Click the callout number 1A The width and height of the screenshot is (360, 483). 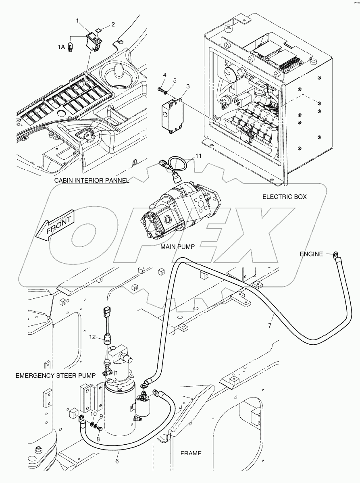coord(60,47)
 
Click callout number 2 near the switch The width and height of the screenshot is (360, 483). coord(113,24)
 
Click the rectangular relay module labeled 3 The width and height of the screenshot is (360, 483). coord(172,113)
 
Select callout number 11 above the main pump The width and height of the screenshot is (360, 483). coord(198,156)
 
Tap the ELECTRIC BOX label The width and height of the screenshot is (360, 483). coord(284,197)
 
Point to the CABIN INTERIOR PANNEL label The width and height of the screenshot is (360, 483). coord(92,181)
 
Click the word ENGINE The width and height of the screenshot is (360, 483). coord(311,254)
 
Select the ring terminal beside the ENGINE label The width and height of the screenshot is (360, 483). coord(335,254)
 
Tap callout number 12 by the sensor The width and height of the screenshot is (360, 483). coord(93,337)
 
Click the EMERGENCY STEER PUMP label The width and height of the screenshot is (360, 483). coord(55,375)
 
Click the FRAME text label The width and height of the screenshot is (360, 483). coord(191,453)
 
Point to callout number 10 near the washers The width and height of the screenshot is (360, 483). coord(93,414)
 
